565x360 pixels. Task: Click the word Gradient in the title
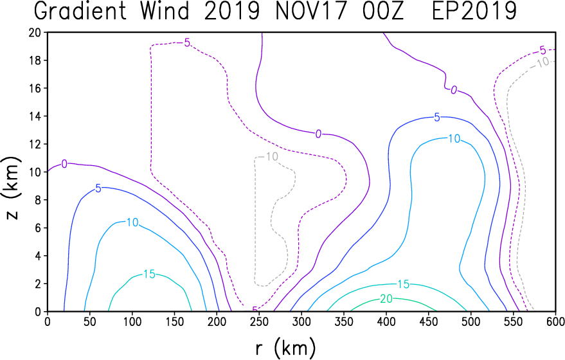click(x=80, y=11)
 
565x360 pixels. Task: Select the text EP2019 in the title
click(x=474, y=11)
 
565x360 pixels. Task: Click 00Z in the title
click(x=382, y=11)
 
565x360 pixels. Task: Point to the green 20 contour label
click(x=386, y=299)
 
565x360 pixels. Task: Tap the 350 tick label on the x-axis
click(x=344, y=321)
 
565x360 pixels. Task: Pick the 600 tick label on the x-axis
click(x=555, y=321)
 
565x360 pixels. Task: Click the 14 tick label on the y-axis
click(x=35, y=116)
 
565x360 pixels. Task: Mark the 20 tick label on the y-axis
click(x=35, y=32)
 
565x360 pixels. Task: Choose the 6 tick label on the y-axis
click(x=38, y=228)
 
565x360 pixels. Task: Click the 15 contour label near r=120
click(x=149, y=274)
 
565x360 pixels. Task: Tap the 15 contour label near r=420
click(x=403, y=284)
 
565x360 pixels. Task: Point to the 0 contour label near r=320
click(x=318, y=134)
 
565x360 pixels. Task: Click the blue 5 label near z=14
click(x=436, y=118)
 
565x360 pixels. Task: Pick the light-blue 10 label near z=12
click(x=454, y=138)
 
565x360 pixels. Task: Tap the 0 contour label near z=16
click(x=454, y=90)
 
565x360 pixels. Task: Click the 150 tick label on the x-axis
click(x=174, y=321)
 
